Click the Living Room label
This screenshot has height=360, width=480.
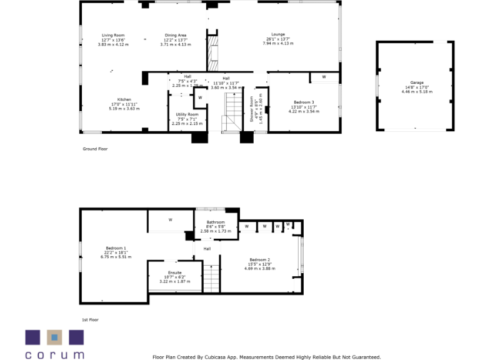coord(114,36)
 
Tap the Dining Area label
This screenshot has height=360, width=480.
coord(176,36)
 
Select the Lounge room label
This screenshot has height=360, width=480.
coord(278,34)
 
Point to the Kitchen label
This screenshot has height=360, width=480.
coord(124,100)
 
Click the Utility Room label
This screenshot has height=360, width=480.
coord(187,115)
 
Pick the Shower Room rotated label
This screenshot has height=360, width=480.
coord(252,109)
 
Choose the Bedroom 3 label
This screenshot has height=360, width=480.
coord(304,102)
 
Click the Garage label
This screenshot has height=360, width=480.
coord(417,83)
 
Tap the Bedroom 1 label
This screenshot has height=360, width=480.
coord(116,248)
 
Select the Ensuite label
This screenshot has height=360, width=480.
coord(174,273)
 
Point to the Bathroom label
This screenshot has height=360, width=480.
coord(216,222)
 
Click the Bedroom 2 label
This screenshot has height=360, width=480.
coord(259,260)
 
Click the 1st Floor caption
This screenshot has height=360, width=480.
coord(90,319)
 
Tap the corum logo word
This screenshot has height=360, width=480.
coord(54,354)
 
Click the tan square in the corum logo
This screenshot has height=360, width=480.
coord(54,337)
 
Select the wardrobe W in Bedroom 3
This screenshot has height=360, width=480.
coord(323,77)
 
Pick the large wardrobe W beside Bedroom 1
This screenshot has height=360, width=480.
coord(170,220)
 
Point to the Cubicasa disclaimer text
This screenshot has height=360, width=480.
coord(267,357)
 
